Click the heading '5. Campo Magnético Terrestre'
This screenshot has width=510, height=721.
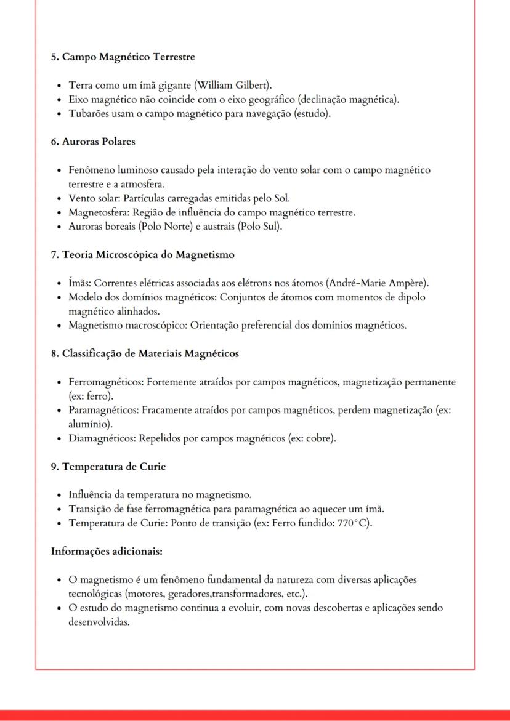[123, 57]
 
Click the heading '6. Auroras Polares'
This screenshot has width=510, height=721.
[93, 142]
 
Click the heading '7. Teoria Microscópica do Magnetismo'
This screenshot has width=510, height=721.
[142, 254]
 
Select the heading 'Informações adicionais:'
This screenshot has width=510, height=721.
[107, 551]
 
